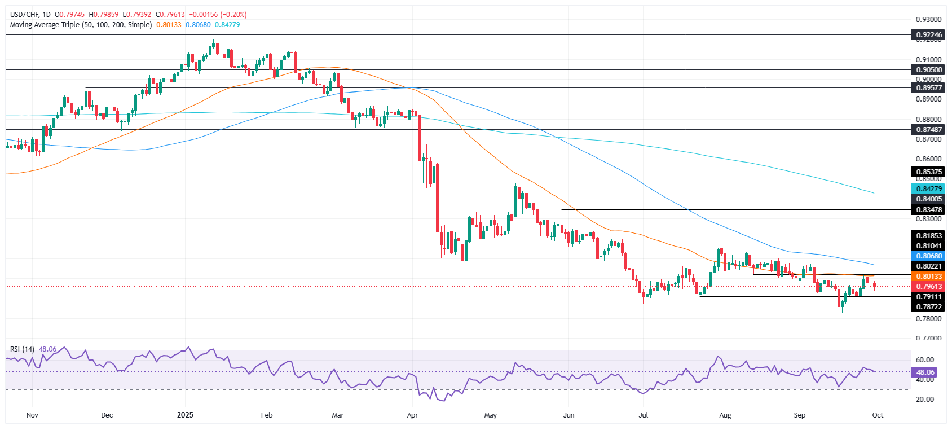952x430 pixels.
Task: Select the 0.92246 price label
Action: click(x=928, y=35)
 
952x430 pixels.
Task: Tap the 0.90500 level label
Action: click(x=928, y=70)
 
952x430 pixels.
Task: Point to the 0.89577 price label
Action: click(x=928, y=88)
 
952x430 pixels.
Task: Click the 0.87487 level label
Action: click(x=928, y=130)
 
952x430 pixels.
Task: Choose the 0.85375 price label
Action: click(x=928, y=172)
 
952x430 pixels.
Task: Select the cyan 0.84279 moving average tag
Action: click(x=928, y=189)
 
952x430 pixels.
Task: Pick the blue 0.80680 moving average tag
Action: click(x=928, y=256)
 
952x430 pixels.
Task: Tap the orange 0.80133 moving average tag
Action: click(x=928, y=277)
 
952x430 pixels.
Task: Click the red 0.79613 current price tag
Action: click(x=928, y=287)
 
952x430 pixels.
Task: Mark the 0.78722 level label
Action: click(x=928, y=307)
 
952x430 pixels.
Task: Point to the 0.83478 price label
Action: click(x=928, y=210)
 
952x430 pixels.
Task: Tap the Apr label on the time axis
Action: click(x=412, y=415)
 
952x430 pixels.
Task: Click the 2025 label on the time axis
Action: click(x=185, y=415)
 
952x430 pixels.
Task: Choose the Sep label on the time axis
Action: click(x=799, y=415)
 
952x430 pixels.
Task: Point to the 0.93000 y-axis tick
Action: click(x=928, y=20)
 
